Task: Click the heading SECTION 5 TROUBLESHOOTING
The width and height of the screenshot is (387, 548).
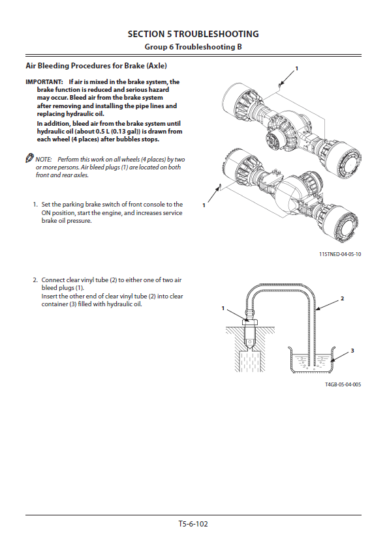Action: tap(193, 34)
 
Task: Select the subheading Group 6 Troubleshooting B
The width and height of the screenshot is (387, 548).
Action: tap(193, 46)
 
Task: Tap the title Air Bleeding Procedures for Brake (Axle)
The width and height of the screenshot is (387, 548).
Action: tap(96, 66)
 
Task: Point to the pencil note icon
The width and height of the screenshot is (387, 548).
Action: tap(29, 158)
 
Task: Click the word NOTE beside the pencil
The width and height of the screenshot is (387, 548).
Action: tap(43, 160)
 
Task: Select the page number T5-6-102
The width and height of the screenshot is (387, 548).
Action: tap(193, 523)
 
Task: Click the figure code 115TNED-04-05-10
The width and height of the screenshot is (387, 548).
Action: tap(340, 254)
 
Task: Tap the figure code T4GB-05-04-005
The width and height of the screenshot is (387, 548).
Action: tap(343, 384)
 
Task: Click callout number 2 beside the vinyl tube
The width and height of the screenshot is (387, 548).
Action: tap(342, 298)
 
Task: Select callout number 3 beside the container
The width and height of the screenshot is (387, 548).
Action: tap(352, 351)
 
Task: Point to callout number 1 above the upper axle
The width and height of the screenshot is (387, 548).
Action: tap(297, 68)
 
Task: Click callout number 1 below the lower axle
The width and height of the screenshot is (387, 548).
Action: tap(204, 205)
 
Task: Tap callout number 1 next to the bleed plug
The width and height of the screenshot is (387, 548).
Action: tap(223, 308)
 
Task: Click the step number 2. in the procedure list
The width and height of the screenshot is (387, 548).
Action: tap(35, 280)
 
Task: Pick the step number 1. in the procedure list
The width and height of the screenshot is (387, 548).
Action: tap(35, 205)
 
